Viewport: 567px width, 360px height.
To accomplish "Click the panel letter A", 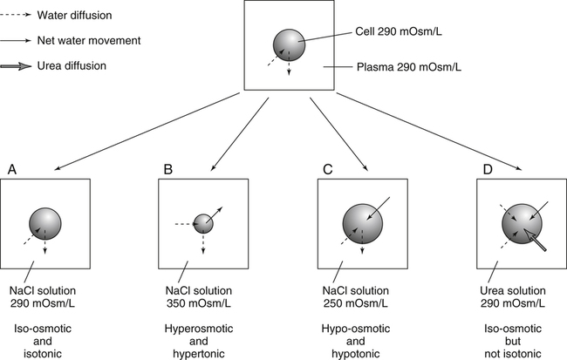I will pyautogui.click(x=12, y=168).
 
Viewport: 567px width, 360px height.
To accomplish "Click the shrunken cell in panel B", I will pyautogui.click(x=203, y=223).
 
